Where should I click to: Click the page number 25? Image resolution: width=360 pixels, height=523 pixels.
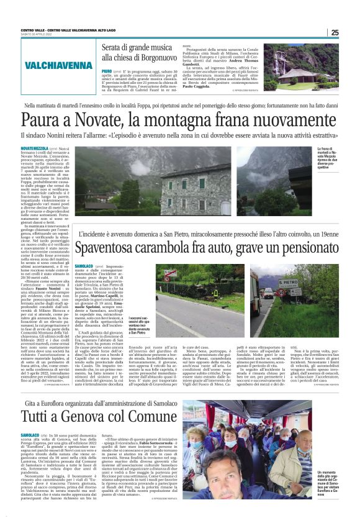(335, 32)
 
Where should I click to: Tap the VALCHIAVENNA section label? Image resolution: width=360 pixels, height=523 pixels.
(59, 65)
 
